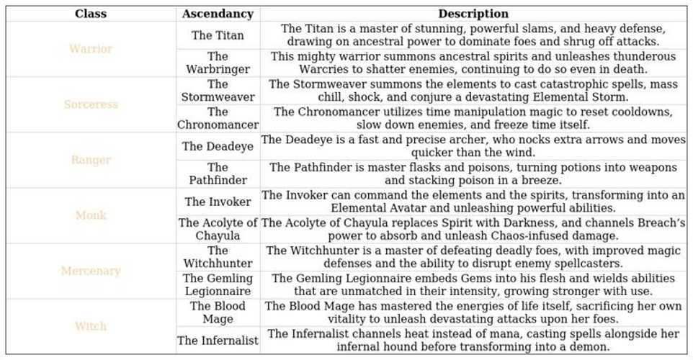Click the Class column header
point(91,14)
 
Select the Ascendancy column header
point(218,14)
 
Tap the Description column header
point(473,14)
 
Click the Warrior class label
point(91,49)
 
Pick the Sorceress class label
point(91,104)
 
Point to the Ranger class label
point(91,160)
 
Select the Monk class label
point(91,215)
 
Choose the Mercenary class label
point(91,271)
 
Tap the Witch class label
point(91,326)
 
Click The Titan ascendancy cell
point(218,35)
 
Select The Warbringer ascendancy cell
point(218,63)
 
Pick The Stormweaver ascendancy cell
point(218,91)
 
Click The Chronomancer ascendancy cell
point(218,118)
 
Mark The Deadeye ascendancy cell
point(218,146)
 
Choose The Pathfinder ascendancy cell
point(218,174)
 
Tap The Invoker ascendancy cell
point(218,202)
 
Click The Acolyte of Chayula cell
point(218,229)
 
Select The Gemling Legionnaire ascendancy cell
point(218,284)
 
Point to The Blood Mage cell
point(218,312)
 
